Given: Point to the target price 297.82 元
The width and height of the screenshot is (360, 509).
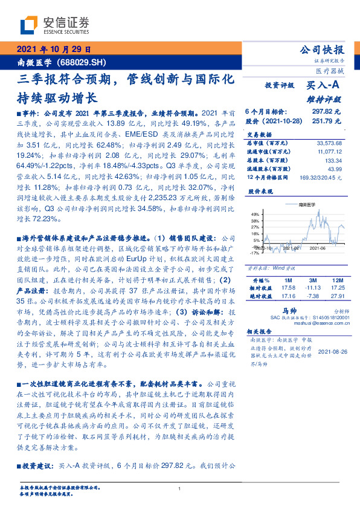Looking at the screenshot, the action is [x=327, y=112].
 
